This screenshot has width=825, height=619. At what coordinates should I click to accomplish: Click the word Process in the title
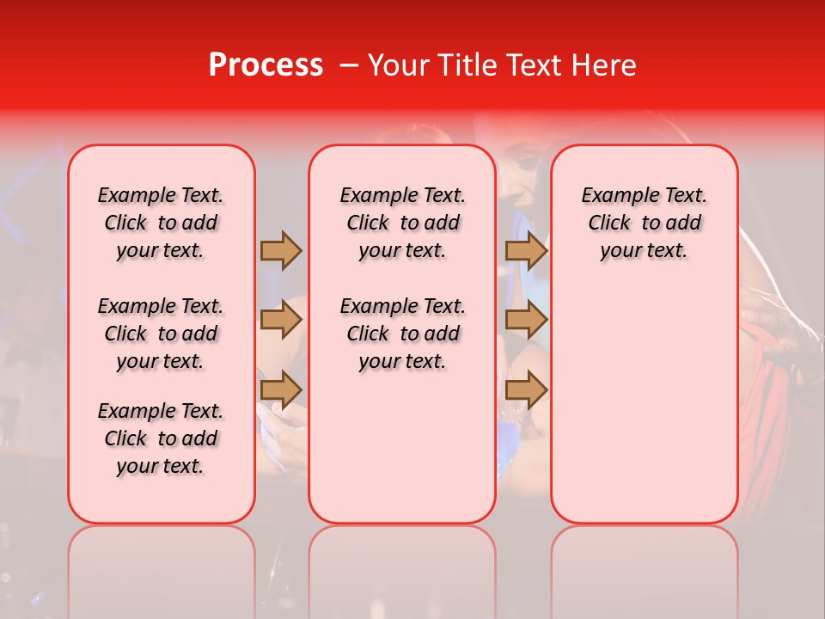(x=265, y=64)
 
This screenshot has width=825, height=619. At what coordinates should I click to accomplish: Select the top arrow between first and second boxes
(x=281, y=250)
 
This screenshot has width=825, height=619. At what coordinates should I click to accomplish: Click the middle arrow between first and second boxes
(x=281, y=321)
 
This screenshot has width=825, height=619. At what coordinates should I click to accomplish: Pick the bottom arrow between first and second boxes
(x=281, y=389)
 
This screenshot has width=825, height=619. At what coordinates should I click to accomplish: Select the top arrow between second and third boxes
(x=526, y=250)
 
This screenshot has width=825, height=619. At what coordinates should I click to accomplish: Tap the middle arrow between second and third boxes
(x=526, y=321)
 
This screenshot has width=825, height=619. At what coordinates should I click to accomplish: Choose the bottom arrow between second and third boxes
(x=526, y=389)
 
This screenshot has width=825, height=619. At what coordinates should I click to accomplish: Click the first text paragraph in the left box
(x=161, y=223)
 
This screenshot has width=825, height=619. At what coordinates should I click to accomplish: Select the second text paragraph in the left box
(x=161, y=334)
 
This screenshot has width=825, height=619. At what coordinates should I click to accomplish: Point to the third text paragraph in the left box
(x=161, y=438)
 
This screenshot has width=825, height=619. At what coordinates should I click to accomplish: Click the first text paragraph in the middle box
(x=402, y=223)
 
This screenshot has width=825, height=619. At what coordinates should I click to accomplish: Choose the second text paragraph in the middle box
(x=402, y=334)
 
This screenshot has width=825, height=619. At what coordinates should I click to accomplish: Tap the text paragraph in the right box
(x=644, y=223)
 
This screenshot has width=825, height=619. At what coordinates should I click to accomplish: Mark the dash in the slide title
(x=348, y=65)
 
